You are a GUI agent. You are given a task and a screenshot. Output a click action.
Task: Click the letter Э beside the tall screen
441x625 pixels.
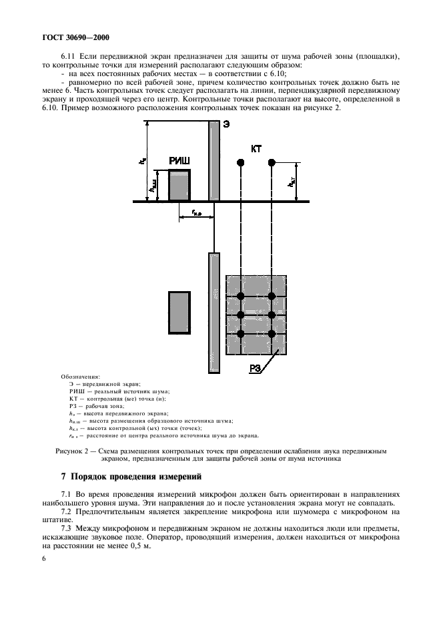click(x=226, y=125)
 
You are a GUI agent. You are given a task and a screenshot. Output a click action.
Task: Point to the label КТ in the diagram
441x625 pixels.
click(x=256, y=149)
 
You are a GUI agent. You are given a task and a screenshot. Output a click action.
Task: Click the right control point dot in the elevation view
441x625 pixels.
click(x=272, y=162)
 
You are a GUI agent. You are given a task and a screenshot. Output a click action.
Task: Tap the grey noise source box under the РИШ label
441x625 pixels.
click(x=179, y=185)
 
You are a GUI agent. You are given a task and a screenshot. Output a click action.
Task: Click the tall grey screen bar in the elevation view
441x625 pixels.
click(x=214, y=160)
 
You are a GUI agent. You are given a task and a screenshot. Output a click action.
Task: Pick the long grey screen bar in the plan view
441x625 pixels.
click(x=214, y=308)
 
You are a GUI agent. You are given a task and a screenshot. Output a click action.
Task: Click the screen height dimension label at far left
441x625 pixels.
click(x=141, y=160)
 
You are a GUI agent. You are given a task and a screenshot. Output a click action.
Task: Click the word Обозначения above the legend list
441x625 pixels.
click(x=79, y=377)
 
